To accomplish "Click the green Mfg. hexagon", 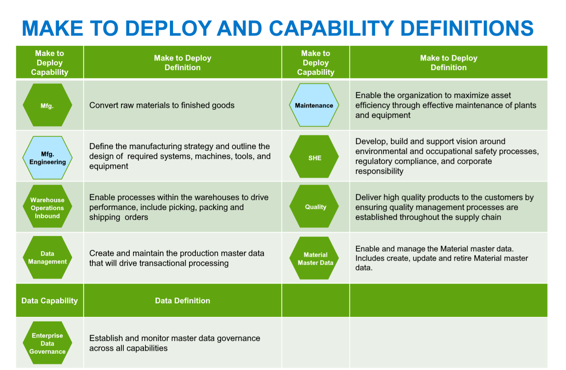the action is (47, 105).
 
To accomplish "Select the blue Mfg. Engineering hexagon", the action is (47, 158).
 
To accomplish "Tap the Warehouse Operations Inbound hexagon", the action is (47, 206).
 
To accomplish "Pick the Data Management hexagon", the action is (47, 257).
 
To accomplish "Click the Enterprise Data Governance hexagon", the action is (47, 343).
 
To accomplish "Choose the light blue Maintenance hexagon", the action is (314, 105).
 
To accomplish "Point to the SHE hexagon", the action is (314, 156).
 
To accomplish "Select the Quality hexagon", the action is (314, 206).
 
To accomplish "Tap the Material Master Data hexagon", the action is (314, 258).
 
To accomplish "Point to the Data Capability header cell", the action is (50, 300).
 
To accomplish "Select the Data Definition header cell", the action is (182, 300).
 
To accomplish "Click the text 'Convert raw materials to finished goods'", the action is (162, 105).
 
